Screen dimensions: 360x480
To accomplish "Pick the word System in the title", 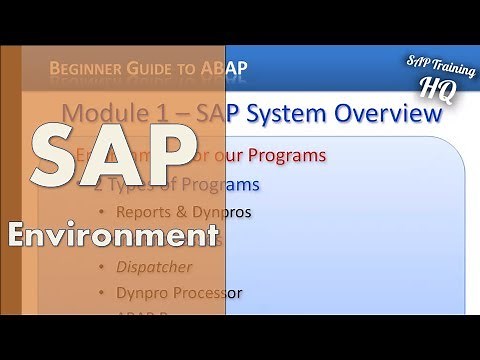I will click(x=295, y=114).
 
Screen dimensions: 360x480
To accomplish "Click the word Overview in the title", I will click(x=390, y=114).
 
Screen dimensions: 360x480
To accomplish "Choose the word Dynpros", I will click(x=221, y=212).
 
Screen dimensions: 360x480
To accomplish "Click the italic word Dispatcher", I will click(x=156, y=267).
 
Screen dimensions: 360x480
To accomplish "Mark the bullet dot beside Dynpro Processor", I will click(x=100, y=294).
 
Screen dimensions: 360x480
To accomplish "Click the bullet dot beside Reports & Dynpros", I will click(x=100, y=212).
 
